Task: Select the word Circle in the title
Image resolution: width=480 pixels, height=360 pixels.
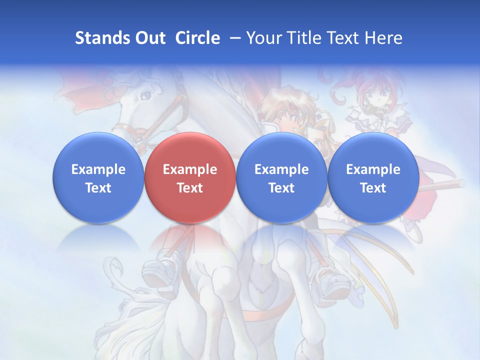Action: pos(197,38)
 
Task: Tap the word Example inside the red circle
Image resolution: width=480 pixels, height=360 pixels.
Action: pos(190,169)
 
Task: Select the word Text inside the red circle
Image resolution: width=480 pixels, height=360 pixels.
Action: pos(190,188)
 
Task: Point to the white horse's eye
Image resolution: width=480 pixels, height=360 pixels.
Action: pos(146,94)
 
